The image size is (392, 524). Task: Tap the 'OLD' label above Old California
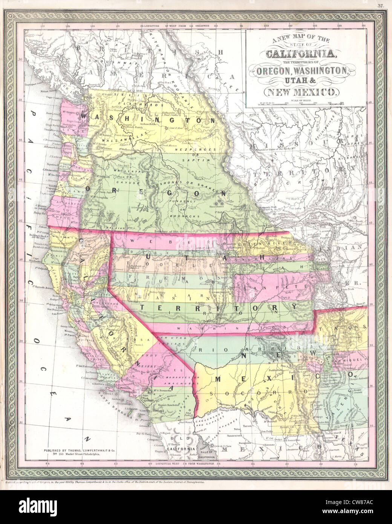click(x=178, y=439)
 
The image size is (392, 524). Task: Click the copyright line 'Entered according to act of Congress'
click(x=102, y=483)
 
